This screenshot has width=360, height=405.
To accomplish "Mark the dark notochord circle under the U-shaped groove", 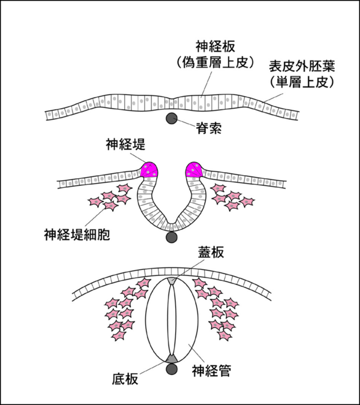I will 172,238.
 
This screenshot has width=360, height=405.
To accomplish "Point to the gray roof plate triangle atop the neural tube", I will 172,280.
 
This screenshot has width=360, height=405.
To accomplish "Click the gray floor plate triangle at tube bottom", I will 172,358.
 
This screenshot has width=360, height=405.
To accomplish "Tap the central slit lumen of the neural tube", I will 172,318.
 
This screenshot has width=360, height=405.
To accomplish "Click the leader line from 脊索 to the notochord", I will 186,122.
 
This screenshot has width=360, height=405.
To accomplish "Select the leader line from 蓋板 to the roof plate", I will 187,269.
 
